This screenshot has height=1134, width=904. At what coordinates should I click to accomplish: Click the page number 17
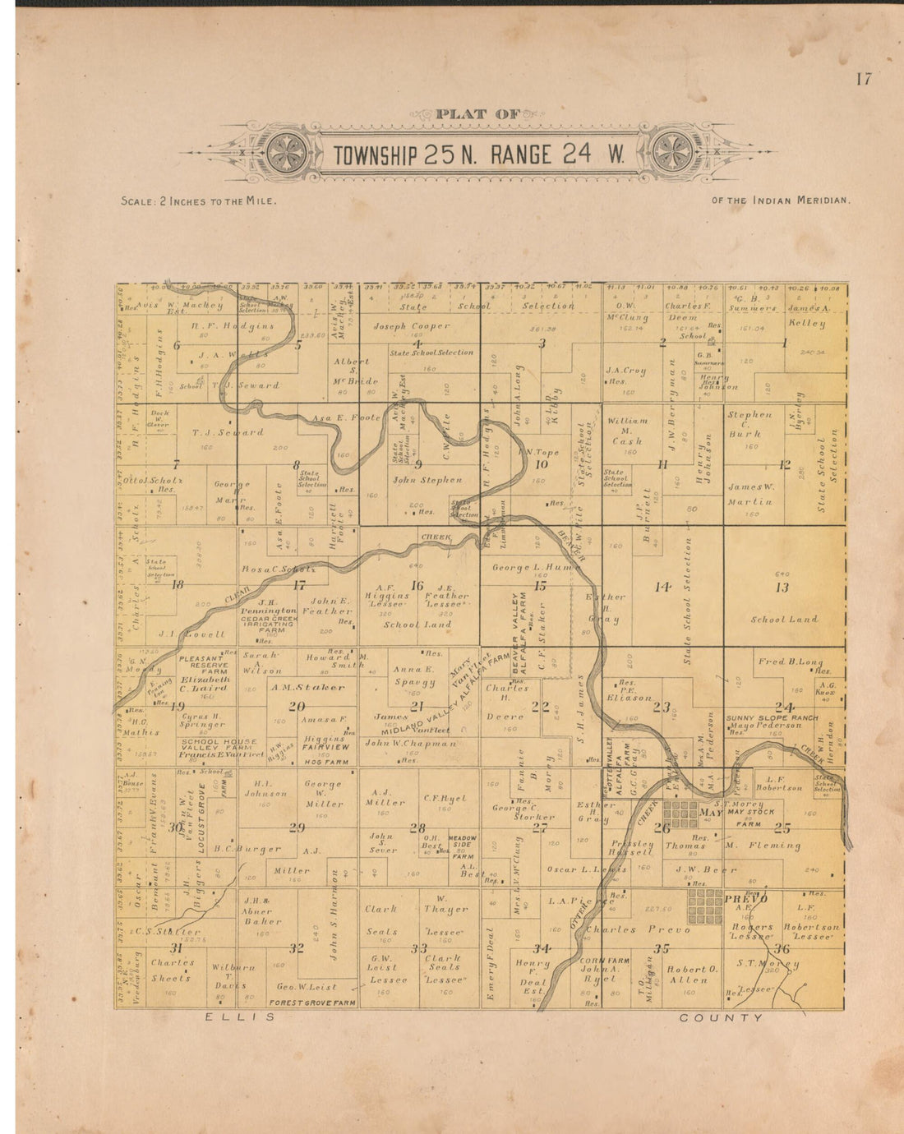point(863,79)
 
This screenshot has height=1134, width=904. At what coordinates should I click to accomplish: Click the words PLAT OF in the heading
point(473,114)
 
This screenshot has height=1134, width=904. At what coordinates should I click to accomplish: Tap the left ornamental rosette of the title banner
point(287,154)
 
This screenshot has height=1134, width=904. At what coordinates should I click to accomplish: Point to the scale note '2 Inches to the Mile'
point(198,201)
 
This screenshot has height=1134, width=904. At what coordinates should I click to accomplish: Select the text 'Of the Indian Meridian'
point(781,200)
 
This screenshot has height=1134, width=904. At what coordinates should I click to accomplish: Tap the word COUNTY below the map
point(721,1017)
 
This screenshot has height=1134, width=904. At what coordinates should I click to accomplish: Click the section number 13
point(782,587)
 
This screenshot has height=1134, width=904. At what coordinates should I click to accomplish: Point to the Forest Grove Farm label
point(312,1003)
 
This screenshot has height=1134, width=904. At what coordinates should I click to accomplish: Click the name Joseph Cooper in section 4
point(412,326)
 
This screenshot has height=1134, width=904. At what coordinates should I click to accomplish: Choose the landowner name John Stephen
point(427,480)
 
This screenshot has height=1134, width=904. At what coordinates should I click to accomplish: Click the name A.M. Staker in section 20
point(307,687)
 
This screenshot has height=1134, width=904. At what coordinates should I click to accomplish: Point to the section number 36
point(782,948)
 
